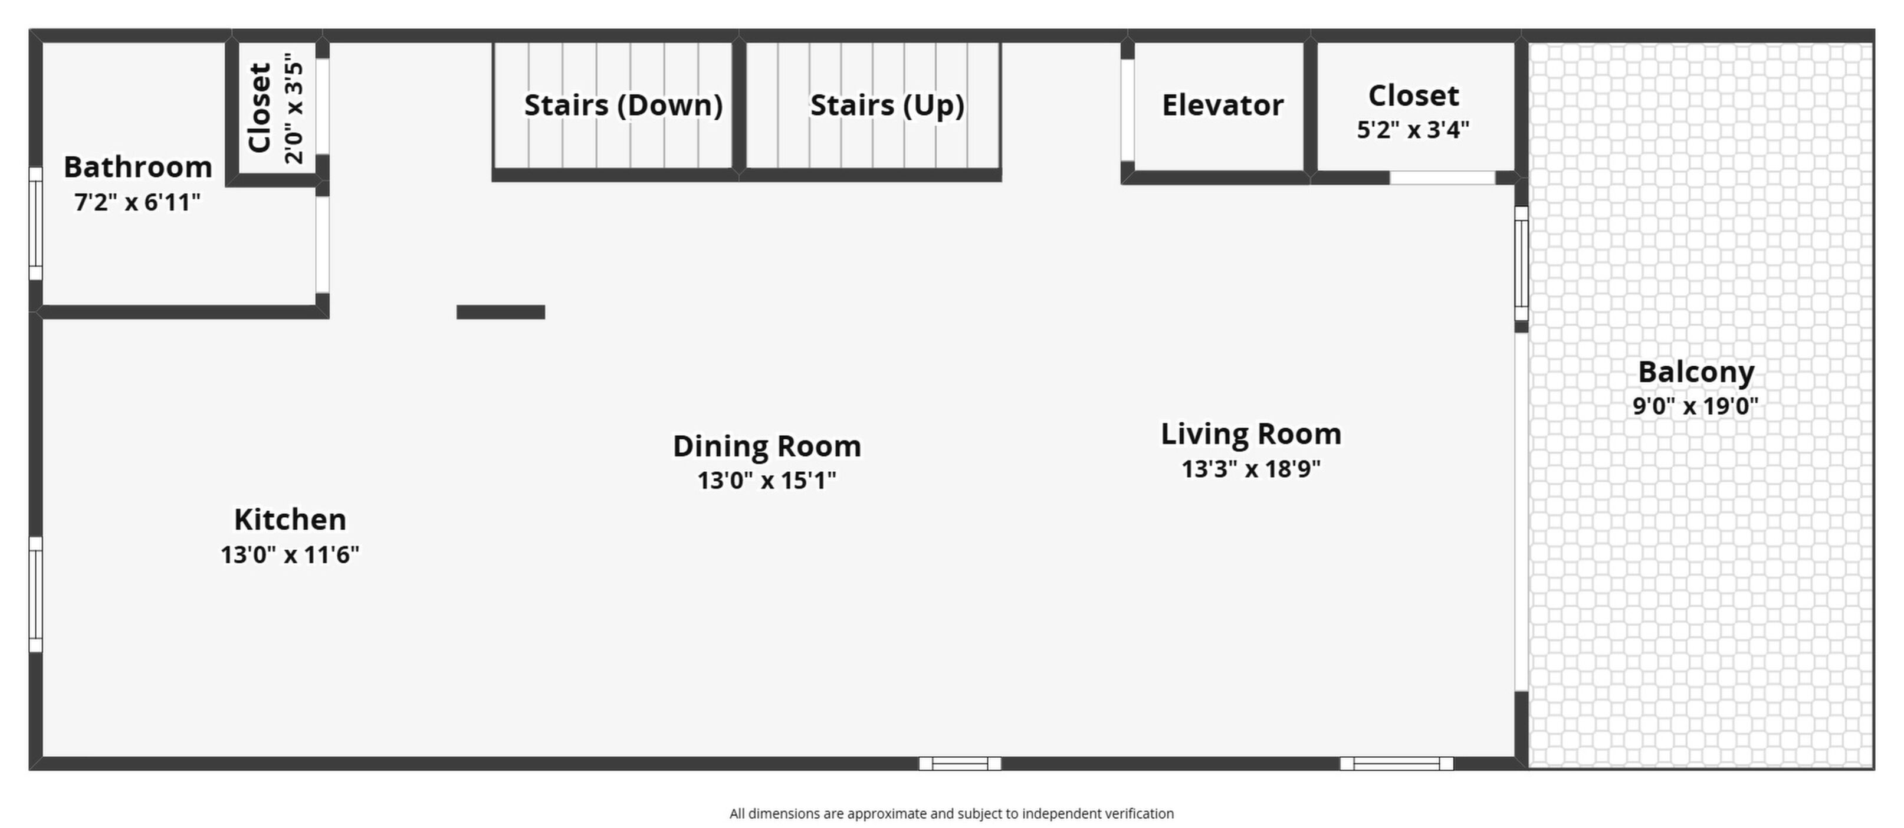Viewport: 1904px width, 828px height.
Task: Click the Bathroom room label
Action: pyautogui.click(x=138, y=167)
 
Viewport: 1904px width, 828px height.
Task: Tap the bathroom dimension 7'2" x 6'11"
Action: pyautogui.click(x=137, y=202)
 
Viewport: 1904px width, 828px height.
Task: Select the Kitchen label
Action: pyautogui.click(x=290, y=519)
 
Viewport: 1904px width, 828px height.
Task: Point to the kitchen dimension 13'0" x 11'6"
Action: pyautogui.click(x=290, y=554)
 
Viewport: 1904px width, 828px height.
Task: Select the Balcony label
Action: pyautogui.click(x=1696, y=372)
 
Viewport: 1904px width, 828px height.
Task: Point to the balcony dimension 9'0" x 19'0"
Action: pyautogui.click(x=1696, y=406)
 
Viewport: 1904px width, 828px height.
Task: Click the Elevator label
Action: pyautogui.click(x=1223, y=105)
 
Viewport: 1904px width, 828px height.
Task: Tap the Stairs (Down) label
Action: pyautogui.click(x=623, y=105)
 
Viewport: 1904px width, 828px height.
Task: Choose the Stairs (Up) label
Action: pyautogui.click(x=887, y=105)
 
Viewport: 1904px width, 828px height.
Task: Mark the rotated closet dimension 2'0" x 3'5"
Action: pyautogui.click(x=293, y=108)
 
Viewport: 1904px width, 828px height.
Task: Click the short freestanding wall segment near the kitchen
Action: pyautogui.click(x=500, y=312)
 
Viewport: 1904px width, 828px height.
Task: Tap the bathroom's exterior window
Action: pyautogui.click(x=35, y=224)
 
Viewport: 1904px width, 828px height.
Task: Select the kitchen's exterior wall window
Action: pyautogui.click(x=35, y=594)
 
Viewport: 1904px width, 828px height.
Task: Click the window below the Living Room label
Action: pyautogui.click(x=1396, y=763)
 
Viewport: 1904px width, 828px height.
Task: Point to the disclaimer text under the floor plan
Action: pyautogui.click(x=951, y=813)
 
